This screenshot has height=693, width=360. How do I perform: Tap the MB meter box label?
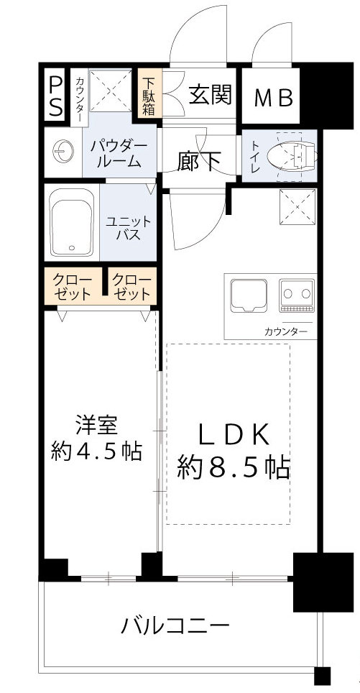[275, 97]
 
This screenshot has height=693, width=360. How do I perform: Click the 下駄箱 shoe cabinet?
[149, 95]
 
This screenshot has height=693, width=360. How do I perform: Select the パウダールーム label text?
[119, 153]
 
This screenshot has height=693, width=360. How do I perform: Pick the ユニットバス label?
[129, 229]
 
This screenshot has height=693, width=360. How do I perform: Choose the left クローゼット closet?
[73, 286]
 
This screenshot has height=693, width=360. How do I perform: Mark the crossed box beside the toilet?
[295, 209]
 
